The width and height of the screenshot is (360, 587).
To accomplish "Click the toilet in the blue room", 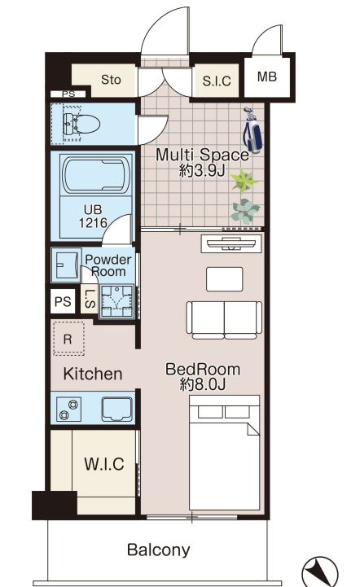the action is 81,124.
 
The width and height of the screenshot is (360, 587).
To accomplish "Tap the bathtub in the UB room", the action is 96,175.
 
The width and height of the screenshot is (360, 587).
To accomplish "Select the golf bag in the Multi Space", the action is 252,130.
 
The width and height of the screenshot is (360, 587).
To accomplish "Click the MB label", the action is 266,77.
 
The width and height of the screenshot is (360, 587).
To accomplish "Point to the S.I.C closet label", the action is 217,81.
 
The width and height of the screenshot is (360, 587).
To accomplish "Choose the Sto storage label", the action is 111,80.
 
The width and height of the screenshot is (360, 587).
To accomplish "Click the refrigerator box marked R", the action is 68,339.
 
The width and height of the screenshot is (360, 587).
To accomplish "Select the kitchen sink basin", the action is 117,410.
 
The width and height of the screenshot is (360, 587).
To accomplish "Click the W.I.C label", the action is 104,464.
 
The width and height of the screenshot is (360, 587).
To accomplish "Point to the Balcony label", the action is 159,550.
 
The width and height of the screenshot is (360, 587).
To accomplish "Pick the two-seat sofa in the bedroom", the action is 224,320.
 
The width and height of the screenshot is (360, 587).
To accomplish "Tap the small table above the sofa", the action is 224,279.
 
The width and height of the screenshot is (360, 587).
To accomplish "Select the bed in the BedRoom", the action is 225,452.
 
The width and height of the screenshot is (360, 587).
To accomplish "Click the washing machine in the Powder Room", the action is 116,302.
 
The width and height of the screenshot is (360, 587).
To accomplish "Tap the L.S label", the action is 90,299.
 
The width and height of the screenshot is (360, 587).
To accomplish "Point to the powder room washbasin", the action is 66,265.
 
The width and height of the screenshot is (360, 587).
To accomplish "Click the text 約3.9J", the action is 202,171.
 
